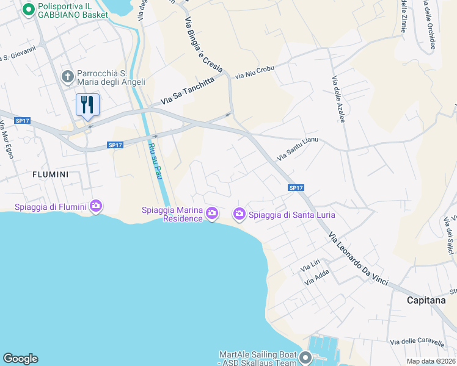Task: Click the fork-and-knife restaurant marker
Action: (x=87, y=105)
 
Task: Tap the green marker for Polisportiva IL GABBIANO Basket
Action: (x=28, y=10)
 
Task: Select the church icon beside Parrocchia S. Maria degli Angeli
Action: (x=68, y=77)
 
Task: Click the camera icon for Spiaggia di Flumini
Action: (x=96, y=206)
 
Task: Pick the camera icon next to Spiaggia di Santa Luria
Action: (x=239, y=214)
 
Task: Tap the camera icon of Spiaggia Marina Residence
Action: (x=212, y=212)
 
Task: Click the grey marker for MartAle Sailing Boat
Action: (x=304, y=356)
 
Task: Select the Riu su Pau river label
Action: (x=154, y=162)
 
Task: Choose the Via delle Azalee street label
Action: (x=339, y=100)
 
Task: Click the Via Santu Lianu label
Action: (x=298, y=149)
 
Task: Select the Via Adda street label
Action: (x=317, y=279)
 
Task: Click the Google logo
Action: (x=20, y=359)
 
